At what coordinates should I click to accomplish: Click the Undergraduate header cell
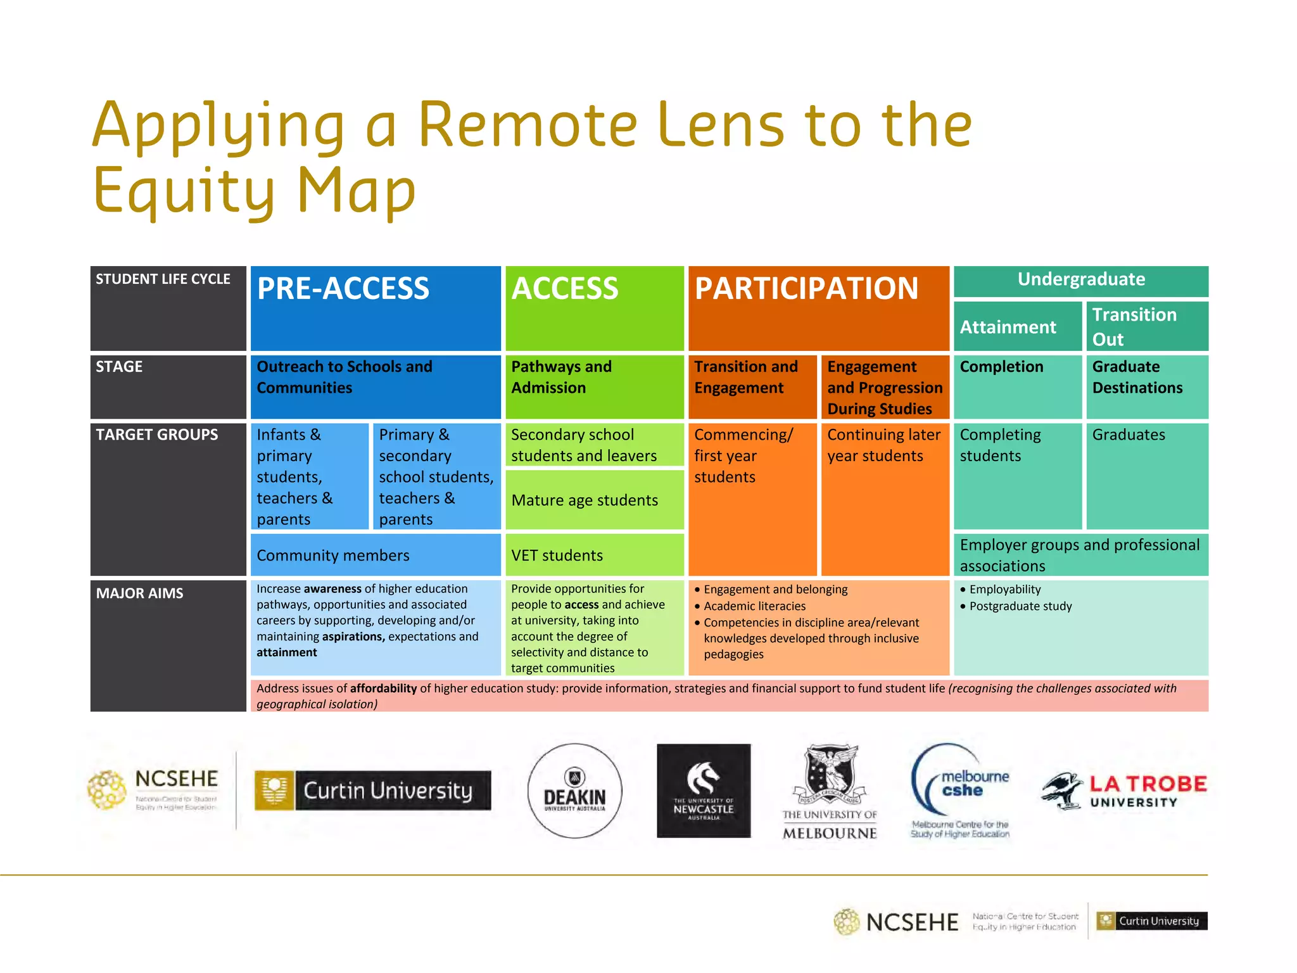(1080, 280)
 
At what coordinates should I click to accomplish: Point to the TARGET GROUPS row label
(157, 435)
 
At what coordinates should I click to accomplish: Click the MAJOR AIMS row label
(140, 594)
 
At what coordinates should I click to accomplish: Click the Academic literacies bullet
(754, 606)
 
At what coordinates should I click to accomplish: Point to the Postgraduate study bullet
(1020, 606)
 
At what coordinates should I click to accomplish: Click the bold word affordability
(383, 689)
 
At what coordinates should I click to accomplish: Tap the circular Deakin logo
(574, 791)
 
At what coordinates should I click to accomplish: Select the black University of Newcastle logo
(703, 791)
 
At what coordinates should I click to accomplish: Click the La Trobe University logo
(1125, 791)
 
